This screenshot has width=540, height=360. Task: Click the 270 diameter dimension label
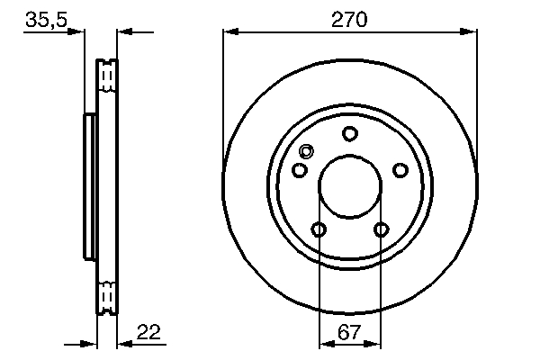tap(349, 18)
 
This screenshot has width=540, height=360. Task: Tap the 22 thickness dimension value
tap(148, 332)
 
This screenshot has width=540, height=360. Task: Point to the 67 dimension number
tap(349, 332)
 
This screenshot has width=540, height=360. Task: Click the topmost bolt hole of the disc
tap(349, 134)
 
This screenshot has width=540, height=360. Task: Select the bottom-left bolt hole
tap(319, 229)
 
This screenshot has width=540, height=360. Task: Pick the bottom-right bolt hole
tap(381, 229)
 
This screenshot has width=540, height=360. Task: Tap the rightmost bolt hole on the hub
tap(400, 170)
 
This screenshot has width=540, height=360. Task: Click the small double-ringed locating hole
tap(307, 152)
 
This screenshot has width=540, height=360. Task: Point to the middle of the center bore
tap(349, 187)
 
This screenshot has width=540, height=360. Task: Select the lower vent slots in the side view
tap(107, 295)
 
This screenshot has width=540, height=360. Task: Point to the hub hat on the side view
tap(89, 186)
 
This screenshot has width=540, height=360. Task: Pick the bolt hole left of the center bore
tap(300, 170)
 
